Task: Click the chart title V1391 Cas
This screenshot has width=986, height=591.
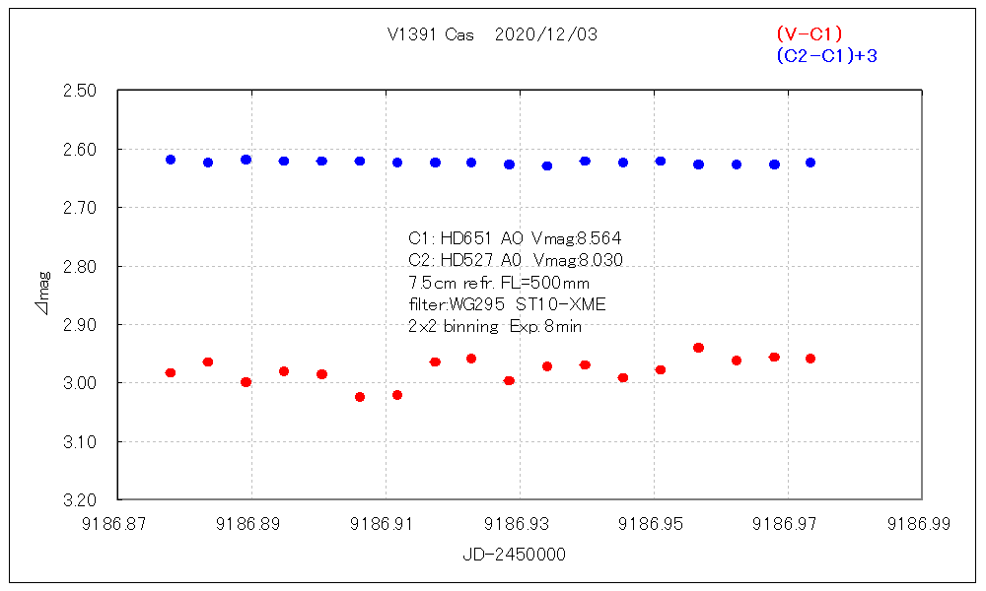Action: [x=431, y=34]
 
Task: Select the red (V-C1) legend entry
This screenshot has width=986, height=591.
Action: [x=809, y=34]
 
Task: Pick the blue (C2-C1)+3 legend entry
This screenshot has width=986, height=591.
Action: [x=826, y=56]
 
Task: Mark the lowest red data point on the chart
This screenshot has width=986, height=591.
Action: [x=360, y=397]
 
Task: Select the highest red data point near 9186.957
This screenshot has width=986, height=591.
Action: [x=698, y=348]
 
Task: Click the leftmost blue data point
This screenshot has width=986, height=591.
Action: [x=171, y=160]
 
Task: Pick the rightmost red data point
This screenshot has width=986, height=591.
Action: [x=810, y=359]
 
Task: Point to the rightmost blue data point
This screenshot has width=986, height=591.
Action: [x=810, y=163]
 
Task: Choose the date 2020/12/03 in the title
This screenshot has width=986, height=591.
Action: [x=545, y=34]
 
